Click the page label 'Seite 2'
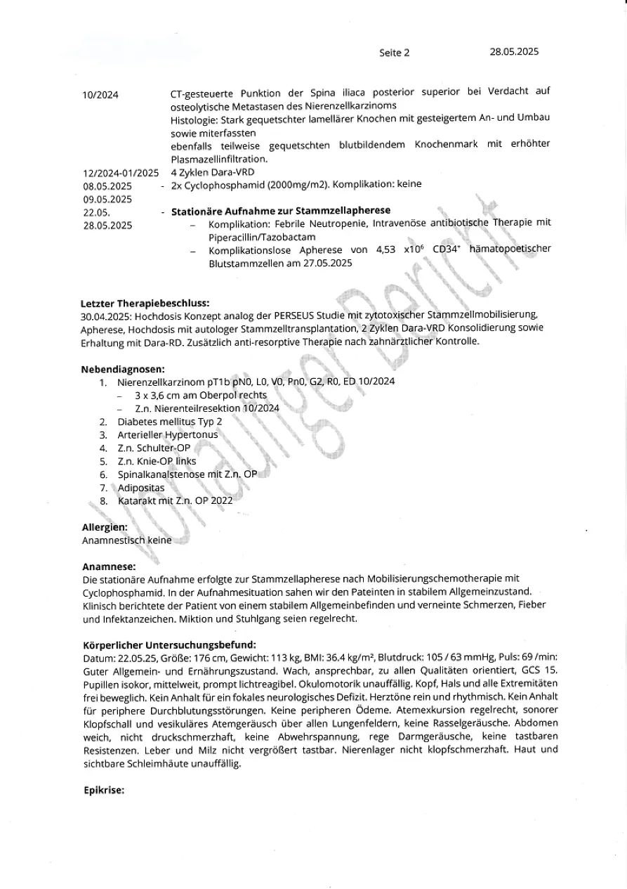394,53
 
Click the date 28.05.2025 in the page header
514,52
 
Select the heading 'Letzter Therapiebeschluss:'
145,303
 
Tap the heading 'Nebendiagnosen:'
123,368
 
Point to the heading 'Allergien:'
105,527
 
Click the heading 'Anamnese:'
109,566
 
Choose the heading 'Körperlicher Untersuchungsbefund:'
169,644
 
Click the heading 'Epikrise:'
103,790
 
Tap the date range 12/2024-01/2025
121,173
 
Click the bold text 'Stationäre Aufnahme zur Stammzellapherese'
281,211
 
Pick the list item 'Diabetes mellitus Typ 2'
170,422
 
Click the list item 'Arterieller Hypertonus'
168,435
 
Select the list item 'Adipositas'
141,488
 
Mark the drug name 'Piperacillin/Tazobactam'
262,237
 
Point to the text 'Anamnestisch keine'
126,540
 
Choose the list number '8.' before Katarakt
103,501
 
